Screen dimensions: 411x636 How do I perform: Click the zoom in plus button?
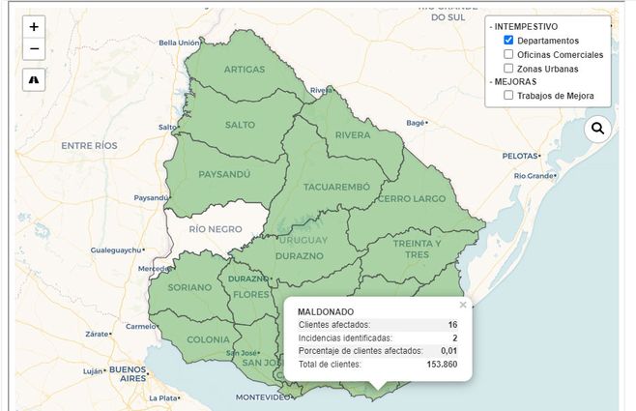coord(34,27)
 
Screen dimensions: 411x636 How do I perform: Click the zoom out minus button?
coord(34,48)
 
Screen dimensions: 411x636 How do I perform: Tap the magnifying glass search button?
coord(597,128)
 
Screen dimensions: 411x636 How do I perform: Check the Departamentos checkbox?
coord(508,41)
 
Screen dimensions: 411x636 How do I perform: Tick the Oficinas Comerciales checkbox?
coord(508,54)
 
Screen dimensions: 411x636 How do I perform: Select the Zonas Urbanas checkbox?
coord(508,69)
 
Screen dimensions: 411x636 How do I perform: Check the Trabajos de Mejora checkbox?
coord(508,96)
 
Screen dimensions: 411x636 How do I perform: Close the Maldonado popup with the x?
coord(462,305)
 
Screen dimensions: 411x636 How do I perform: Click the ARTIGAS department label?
coord(245,70)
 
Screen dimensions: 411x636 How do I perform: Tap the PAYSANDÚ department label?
coord(224,174)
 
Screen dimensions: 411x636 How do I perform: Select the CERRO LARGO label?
coord(413,198)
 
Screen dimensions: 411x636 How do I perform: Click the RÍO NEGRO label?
coord(215,229)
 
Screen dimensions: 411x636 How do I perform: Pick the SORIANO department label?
coord(189,287)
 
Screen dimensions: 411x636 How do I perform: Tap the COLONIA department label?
coord(208,339)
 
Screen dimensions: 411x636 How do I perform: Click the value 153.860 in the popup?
coord(442,365)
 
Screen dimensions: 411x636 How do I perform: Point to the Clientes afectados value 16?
coord(452,325)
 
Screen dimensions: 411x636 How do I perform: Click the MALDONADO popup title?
coord(326,311)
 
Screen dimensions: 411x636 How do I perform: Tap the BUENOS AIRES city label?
coord(127,374)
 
